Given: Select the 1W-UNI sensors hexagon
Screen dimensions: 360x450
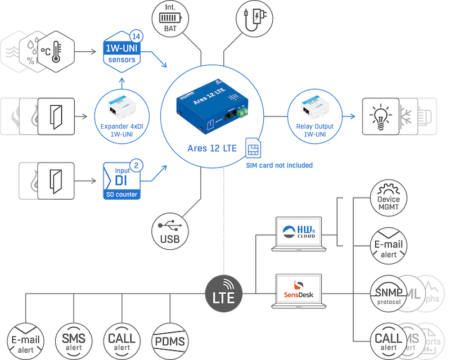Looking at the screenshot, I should click(120, 52).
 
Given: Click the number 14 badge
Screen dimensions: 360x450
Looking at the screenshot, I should click(136, 35).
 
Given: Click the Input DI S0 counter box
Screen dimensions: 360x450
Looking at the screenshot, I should click(121, 181).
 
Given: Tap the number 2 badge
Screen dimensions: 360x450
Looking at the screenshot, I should click(136, 166).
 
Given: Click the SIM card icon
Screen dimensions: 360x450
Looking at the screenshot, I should click(254, 150).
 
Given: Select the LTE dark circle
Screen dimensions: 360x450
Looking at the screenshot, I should click(223, 293).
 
